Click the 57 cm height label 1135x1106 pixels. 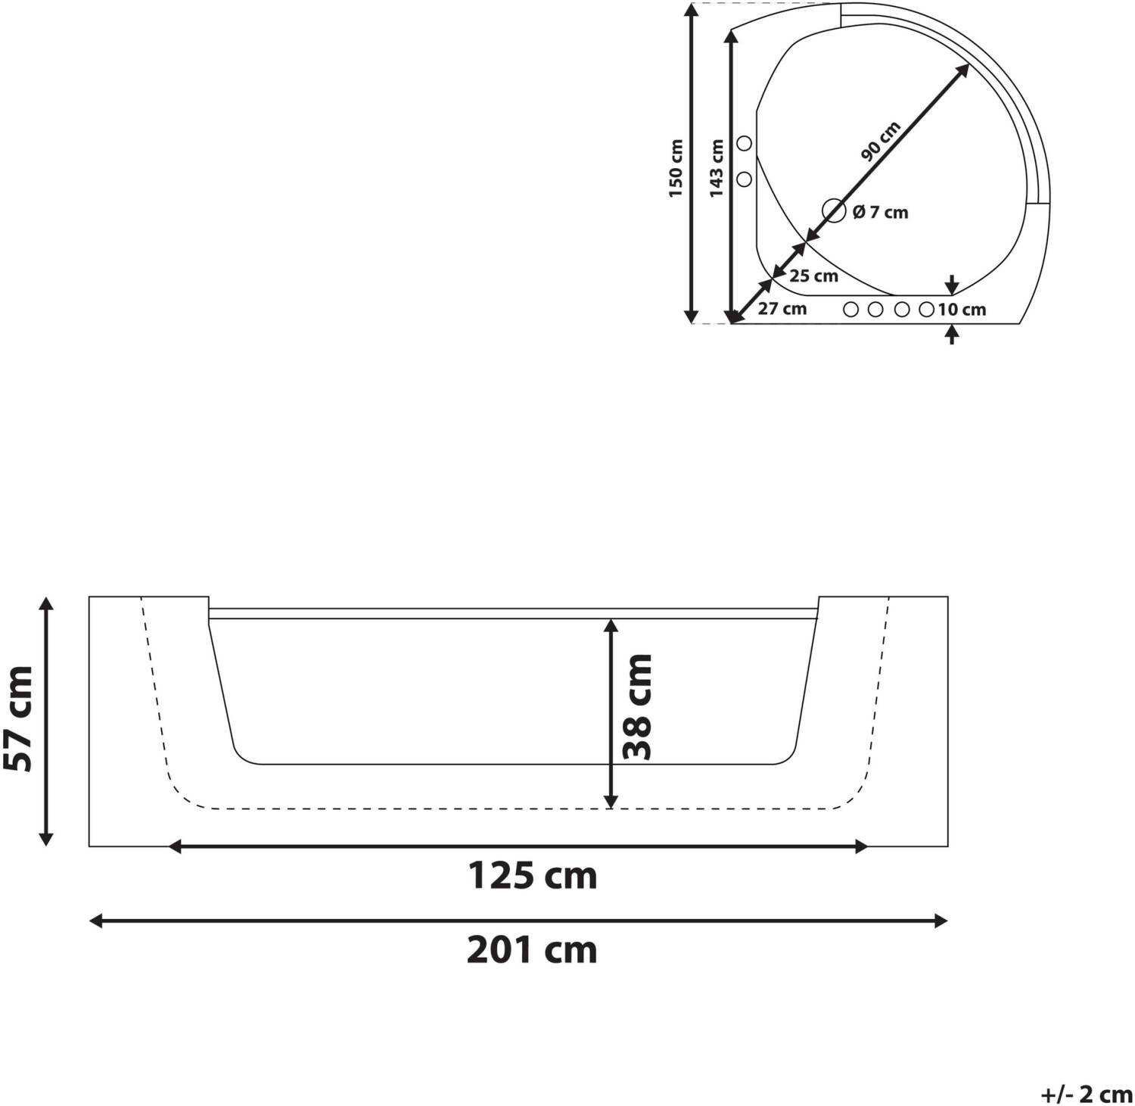point(17,718)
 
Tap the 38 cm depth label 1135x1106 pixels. point(636,707)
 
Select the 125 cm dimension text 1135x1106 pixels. point(533,876)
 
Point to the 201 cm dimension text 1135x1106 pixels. point(532,950)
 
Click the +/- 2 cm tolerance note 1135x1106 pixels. point(1087,1095)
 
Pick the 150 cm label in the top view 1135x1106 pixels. point(676,168)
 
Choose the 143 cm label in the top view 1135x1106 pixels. point(716,168)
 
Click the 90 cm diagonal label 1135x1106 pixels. point(881,142)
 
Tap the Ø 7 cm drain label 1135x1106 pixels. point(880,213)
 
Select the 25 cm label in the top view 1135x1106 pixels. point(813,276)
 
